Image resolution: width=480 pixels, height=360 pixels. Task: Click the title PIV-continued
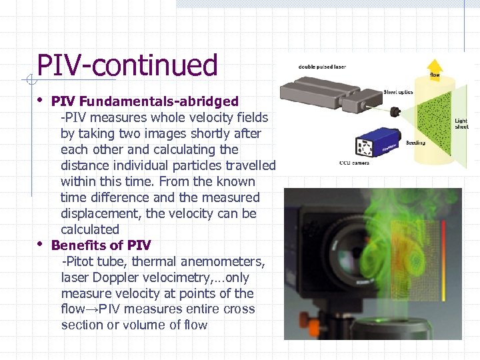(127, 65)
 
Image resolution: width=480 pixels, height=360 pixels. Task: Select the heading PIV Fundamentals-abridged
(145, 101)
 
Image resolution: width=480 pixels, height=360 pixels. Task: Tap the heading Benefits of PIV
(101, 245)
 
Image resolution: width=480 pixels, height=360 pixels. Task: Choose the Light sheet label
(461, 124)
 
